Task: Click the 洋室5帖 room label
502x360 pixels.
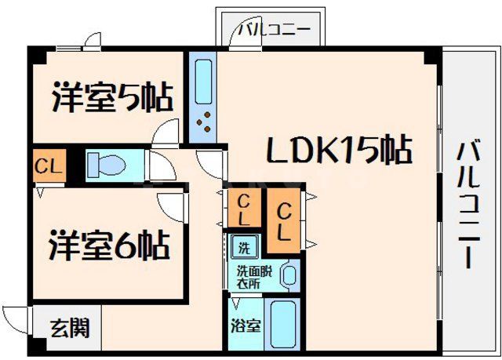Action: point(113,98)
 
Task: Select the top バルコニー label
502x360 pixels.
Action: point(275,31)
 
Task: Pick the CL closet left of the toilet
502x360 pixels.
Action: point(48,165)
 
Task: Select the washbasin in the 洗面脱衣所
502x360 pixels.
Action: point(289,275)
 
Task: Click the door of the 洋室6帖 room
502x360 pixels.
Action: point(176,205)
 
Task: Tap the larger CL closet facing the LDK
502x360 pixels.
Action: point(284,221)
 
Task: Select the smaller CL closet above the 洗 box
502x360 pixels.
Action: point(245,207)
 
